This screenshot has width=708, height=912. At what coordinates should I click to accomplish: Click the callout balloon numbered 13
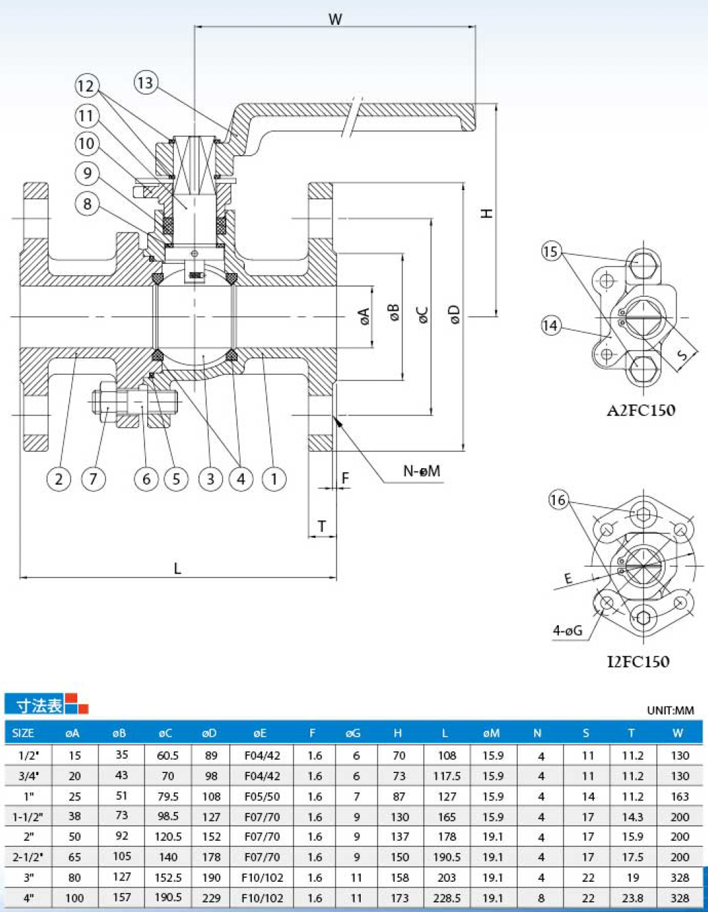[x=146, y=82]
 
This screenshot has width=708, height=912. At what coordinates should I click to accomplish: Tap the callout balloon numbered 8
[x=87, y=204]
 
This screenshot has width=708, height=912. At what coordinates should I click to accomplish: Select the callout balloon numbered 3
[x=210, y=479]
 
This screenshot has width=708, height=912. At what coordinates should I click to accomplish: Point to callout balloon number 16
[x=559, y=500]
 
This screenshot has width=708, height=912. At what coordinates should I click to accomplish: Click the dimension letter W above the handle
[x=335, y=19]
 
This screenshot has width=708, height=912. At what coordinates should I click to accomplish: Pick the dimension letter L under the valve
[x=177, y=569]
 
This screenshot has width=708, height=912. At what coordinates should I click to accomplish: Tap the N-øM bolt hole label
[x=421, y=471]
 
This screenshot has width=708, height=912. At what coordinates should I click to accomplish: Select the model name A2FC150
[x=641, y=410]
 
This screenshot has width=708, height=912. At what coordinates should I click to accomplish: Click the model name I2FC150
[x=638, y=662]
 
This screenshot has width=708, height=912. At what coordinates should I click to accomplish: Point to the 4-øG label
[x=568, y=631]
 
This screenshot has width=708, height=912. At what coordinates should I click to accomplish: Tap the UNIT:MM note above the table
[x=670, y=710]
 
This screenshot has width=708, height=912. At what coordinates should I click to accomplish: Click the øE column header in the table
[x=260, y=733]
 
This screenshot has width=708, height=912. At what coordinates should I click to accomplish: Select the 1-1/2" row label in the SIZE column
[x=28, y=817]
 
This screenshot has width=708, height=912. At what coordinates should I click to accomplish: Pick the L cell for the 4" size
[x=447, y=898]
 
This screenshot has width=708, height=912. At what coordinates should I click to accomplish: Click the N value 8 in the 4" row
[x=541, y=898]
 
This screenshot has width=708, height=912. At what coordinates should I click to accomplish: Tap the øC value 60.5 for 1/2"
[x=167, y=756]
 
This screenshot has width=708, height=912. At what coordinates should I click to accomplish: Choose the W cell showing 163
[x=680, y=796]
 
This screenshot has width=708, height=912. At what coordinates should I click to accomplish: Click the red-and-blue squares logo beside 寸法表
[x=77, y=703]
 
